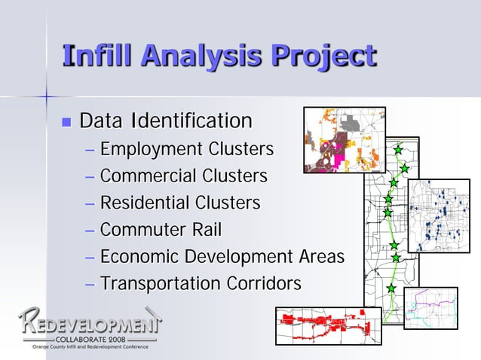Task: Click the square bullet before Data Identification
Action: pos(66,121)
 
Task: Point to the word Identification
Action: pos(191,121)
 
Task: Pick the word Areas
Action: pos(320,256)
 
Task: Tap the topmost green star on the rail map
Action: pos(398,150)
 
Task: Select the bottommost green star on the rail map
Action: pos(391,288)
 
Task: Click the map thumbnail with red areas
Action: pos(328,325)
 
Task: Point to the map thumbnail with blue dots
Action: pos(438,215)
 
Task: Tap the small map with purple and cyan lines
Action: pos(430,308)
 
